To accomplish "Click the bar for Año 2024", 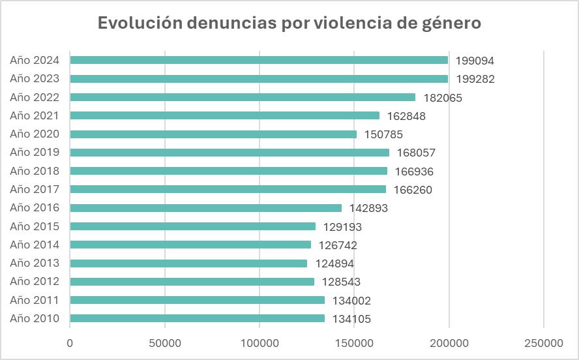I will pyautogui.click(x=259, y=60).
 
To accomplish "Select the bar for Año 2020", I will pyautogui.click(x=213, y=134).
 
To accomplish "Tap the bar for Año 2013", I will pyautogui.click(x=188, y=263).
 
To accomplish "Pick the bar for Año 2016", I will pyautogui.click(x=205, y=208).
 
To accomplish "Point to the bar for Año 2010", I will pyautogui.click(x=197, y=319).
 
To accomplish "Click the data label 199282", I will pyautogui.click(x=475, y=79).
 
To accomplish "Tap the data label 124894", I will pyautogui.click(x=334, y=263).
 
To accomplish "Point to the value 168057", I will pyautogui.click(x=415, y=153).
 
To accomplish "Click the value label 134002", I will pyautogui.click(x=351, y=301).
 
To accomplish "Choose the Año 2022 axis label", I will pyautogui.click(x=35, y=98).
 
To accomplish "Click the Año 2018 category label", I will pyautogui.click(x=35, y=172).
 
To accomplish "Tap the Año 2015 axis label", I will pyautogui.click(x=35, y=227).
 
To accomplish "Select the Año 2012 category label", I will pyautogui.click(x=35, y=282).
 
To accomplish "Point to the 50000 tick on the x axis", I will pyautogui.click(x=164, y=343).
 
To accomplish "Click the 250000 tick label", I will pyautogui.click(x=544, y=343).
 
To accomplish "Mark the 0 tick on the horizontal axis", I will pyautogui.click(x=70, y=343).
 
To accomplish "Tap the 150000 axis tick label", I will pyautogui.click(x=354, y=343).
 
